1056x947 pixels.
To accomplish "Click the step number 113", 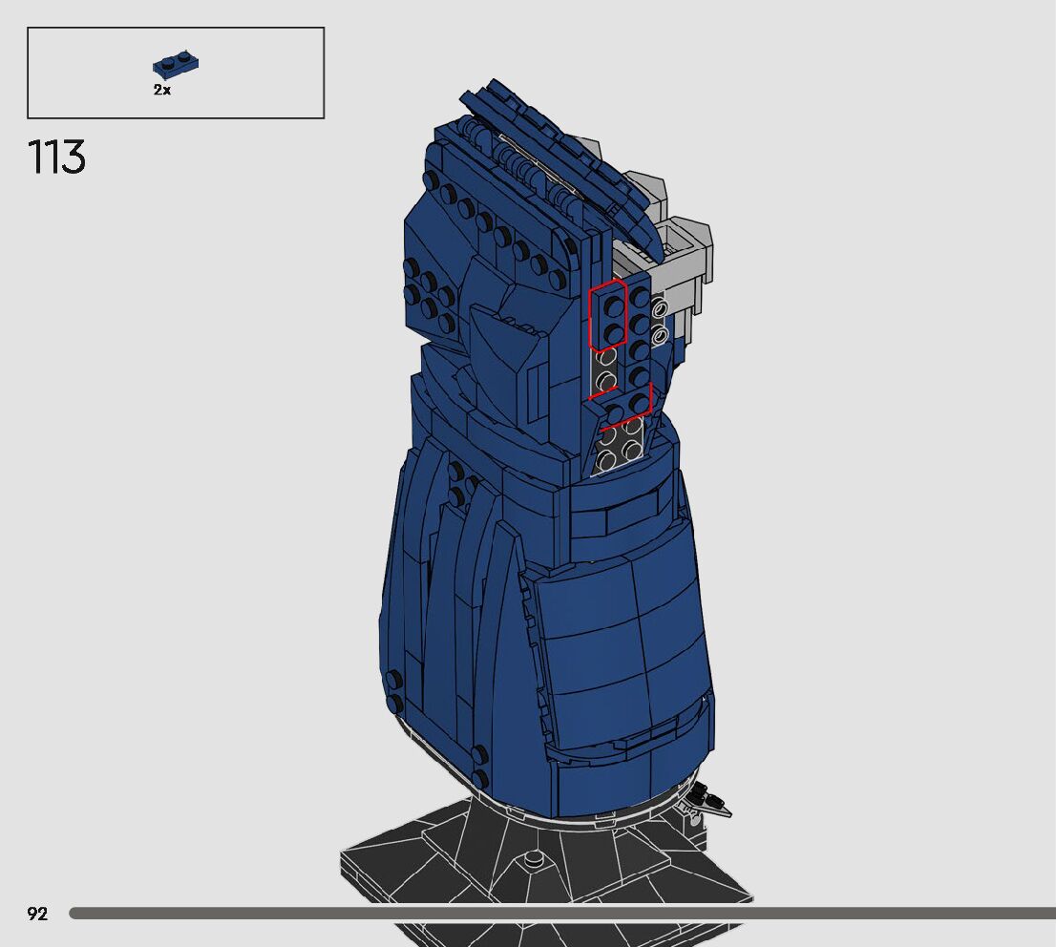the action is click(x=56, y=157).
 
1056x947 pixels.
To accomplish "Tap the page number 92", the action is click(x=38, y=914).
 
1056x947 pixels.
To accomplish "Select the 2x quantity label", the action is click(x=162, y=90).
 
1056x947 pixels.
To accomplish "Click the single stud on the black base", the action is click(x=534, y=858).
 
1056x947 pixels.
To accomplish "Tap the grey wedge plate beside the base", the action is click(x=708, y=802).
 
